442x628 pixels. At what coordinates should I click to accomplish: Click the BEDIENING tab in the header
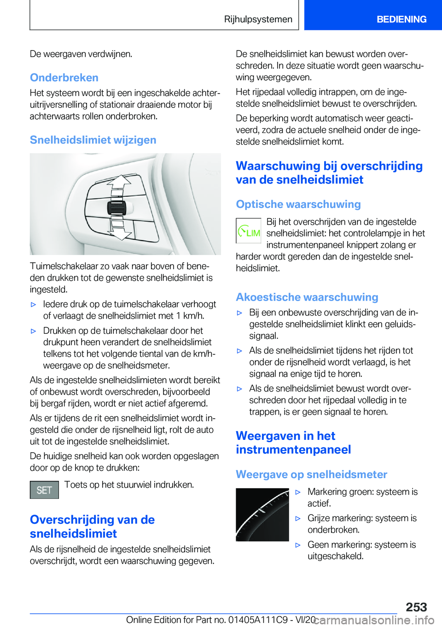coord(401,19)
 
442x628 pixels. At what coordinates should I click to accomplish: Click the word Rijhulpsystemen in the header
coord(258,19)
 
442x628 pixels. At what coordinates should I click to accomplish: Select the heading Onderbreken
coord(64,77)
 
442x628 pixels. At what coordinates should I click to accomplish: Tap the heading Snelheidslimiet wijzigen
coord(93,140)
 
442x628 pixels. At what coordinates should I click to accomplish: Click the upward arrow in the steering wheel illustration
coord(119,183)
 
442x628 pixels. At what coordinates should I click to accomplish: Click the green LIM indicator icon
coord(249,231)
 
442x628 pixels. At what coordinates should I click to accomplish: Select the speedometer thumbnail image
coord(262,515)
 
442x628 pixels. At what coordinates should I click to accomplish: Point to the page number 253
coord(416,607)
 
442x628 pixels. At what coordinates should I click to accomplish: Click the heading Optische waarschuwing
coord(298,204)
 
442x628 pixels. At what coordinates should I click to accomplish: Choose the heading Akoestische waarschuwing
coord(307,297)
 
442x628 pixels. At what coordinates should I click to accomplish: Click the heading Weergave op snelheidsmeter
coord(311,474)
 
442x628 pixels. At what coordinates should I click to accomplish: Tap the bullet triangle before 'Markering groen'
coord(298,492)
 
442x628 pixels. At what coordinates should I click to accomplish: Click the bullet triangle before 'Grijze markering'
coord(298,519)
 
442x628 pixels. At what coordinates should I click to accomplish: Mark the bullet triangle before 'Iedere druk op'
coord(33,305)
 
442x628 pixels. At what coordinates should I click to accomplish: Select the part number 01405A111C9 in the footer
coord(259,620)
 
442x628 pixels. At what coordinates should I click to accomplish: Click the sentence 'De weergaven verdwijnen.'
coord(81,54)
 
